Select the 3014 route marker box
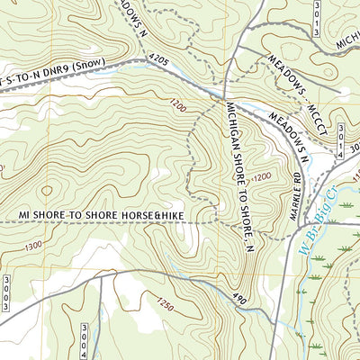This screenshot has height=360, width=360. pyautogui.click(x=340, y=141)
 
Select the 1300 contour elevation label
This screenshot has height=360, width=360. pyautogui.click(x=35, y=246)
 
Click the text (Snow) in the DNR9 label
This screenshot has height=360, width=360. pyautogui.click(x=96, y=66)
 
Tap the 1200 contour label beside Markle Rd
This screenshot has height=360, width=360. pyautogui.click(x=261, y=178)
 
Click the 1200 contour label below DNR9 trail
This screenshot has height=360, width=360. pyautogui.click(x=179, y=108)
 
